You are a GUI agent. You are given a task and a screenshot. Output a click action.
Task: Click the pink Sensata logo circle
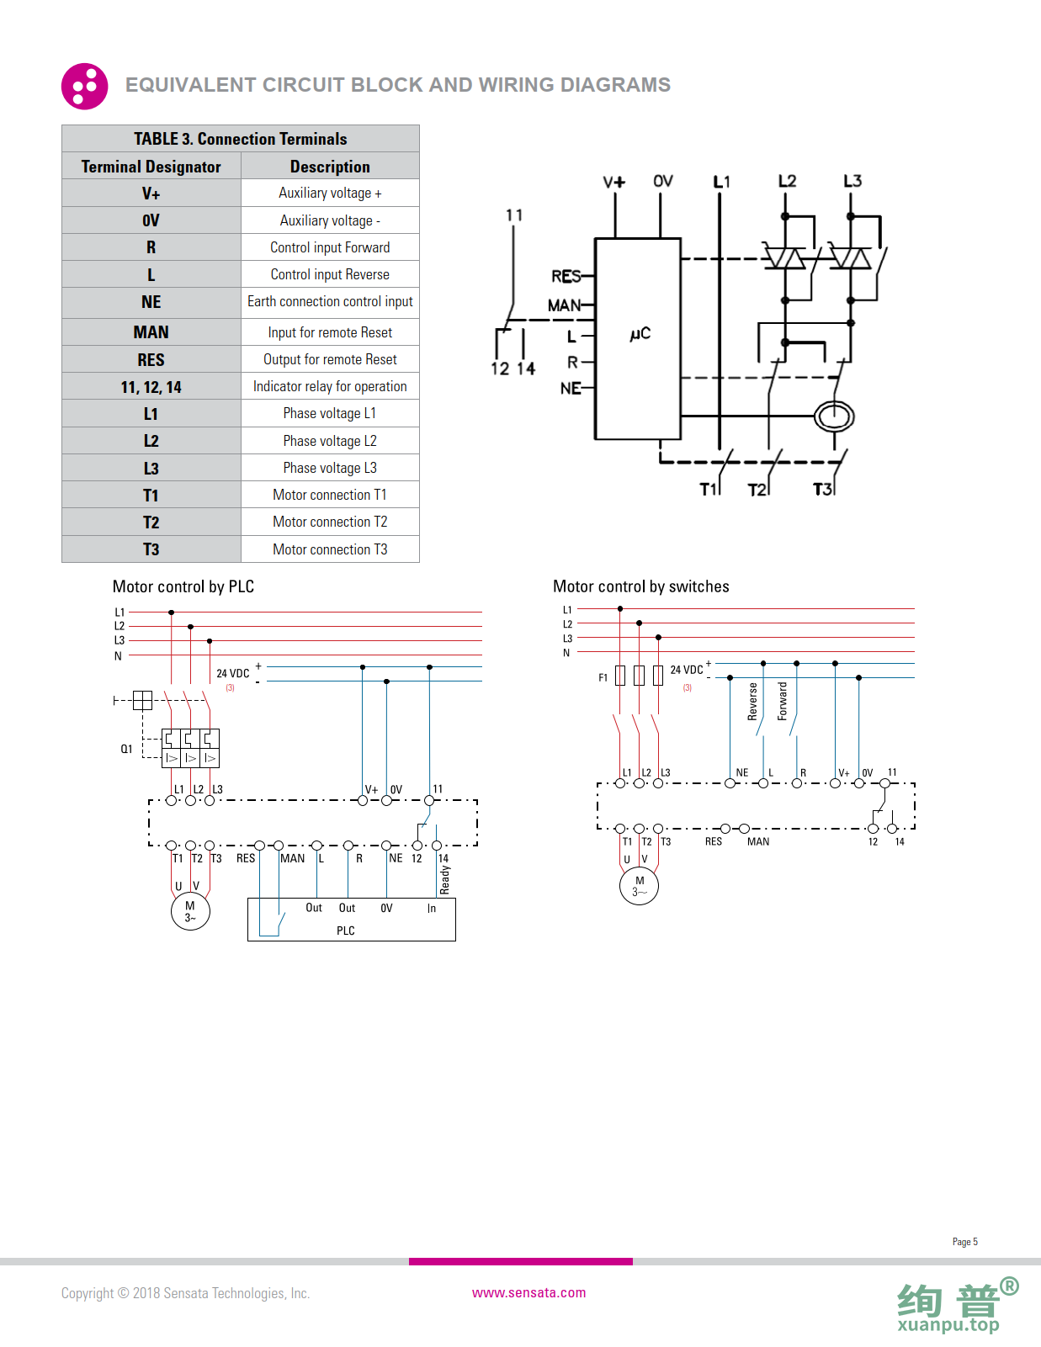(x=84, y=86)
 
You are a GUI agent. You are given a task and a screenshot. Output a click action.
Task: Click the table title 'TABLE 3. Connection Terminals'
(x=240, y=139)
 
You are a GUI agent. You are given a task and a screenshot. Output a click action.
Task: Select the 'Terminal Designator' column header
(x=151, y=167)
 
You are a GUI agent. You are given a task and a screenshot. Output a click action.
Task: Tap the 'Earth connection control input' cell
(x=330, y=301)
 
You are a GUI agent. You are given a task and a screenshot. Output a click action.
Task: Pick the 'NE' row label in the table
(x=151, y=302)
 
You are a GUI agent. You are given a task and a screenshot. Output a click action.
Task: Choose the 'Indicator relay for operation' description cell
(x=330, y=386)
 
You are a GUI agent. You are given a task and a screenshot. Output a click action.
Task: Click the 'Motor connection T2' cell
(x=330, y=522)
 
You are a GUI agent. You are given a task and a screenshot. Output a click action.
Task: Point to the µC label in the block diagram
(x=640, y=333)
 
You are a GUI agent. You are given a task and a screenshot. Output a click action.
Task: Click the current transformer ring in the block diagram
(x=834, y=416)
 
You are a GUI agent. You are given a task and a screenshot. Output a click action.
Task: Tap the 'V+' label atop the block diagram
(x=613, y=182)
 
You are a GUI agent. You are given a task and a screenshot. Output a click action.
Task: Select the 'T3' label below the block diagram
(x=821, y=489)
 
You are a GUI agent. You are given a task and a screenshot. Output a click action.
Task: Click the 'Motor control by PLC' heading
(x=183, y=586)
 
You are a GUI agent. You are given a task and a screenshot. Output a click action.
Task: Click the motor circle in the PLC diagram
(x=190, y=911)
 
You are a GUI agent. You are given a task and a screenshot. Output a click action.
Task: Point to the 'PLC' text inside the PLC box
(x=346, y=931)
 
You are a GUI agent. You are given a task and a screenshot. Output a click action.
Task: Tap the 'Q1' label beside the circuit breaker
(x=126, y=749)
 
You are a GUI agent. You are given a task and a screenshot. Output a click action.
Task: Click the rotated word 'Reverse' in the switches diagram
(x=752, y=701)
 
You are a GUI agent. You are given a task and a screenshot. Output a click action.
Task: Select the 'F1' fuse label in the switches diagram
(x=603, y=677)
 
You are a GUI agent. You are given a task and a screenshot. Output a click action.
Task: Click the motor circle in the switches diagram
(x=639, y=886)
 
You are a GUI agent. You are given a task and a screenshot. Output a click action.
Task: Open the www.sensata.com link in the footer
(x=528, y=1292)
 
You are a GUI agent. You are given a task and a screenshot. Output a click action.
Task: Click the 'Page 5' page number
(x=964, y=1242)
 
